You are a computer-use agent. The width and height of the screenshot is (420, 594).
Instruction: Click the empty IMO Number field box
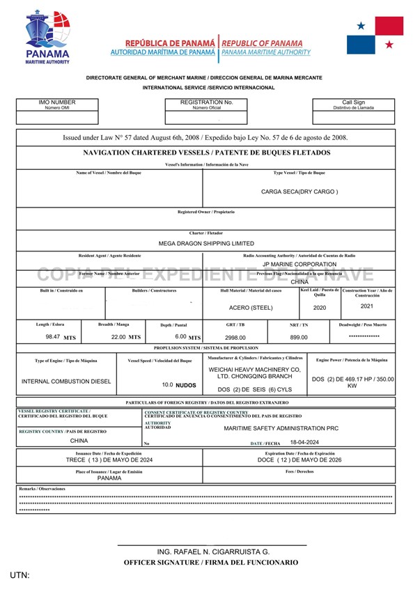click(x=57, y=118)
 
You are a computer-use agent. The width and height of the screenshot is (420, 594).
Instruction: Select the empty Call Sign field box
click(x=353, y=118)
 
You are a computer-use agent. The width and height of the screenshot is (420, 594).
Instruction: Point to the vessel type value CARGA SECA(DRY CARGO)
click(x=299, y=192)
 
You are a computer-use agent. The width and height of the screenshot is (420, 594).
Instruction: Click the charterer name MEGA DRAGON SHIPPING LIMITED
click(x=206, y=244)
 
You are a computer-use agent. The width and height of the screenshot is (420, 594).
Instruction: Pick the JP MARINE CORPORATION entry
click(x=299, y=265)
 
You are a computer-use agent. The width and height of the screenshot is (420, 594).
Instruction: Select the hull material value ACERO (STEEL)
click(x=251, y=307)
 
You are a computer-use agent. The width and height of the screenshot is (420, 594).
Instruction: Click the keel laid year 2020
click(x=319, y=307)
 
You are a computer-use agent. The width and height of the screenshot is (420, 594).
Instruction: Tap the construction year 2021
click(x=367, y=306)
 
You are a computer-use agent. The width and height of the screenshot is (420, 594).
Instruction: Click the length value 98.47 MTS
click(x=61, y=336)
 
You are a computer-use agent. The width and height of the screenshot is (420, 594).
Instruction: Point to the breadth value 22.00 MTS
click(x=126, y=336)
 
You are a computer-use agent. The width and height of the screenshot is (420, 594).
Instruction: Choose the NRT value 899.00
click(x=299, y=337)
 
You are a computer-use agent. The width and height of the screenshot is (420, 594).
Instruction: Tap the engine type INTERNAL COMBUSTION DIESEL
click(x=67, y=382)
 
